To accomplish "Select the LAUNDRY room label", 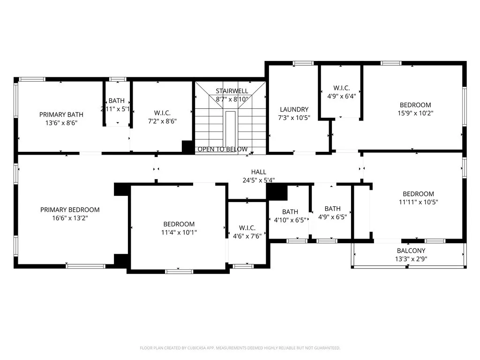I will point(294,109).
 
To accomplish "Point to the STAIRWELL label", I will point(232,90).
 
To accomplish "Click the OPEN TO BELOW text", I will point(222,150).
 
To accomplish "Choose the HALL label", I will point(258,172).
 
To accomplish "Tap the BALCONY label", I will point(412,251).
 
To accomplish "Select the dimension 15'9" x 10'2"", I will point(415,113).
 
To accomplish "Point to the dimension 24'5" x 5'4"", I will point(258,180).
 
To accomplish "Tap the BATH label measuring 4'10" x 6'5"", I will point(290,212).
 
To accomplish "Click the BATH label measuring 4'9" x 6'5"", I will point(332,209).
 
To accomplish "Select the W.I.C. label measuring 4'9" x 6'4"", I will point(341,88).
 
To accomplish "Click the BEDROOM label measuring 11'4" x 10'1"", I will point(179,224).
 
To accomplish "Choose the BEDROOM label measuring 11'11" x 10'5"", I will point(418,194).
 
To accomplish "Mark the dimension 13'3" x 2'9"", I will point(412,259).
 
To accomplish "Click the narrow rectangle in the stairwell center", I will point(230,129).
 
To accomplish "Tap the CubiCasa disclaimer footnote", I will point(240,348).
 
